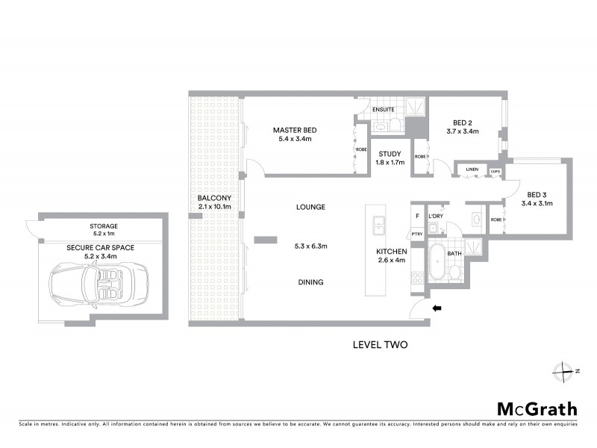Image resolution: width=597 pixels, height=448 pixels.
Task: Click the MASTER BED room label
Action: (x=294, y=130)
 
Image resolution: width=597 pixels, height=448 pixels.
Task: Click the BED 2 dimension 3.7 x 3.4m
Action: (x=462, y=131)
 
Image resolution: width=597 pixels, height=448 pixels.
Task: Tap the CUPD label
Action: (x=494, y=171)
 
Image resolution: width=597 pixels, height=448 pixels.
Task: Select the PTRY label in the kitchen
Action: (x=417, y=234)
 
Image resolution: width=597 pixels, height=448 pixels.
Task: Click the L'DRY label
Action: (x=435, y=215)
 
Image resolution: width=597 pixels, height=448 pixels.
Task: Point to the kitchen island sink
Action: (x=379, y=223)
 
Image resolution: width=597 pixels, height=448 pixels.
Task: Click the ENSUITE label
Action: (x=384, y=110)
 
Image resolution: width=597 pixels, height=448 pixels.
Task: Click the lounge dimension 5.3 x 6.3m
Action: (x=310, y=244)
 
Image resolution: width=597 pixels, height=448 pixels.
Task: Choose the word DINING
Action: (x=310, y=282)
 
